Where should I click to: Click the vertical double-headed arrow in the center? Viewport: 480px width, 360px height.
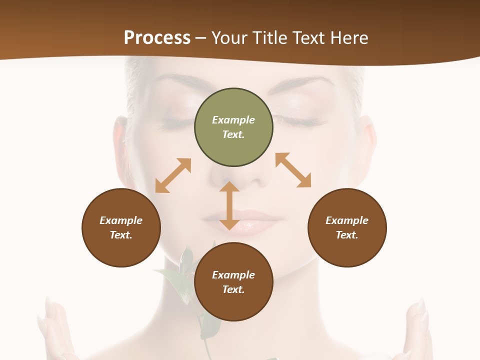229,205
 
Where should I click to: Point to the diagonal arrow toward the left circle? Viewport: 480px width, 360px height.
173,175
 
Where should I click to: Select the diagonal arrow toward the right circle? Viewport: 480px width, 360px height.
293,170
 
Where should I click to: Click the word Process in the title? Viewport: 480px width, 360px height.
157,37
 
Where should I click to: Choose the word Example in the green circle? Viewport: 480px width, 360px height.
233,120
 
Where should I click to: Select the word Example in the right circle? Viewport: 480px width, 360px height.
347,220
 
